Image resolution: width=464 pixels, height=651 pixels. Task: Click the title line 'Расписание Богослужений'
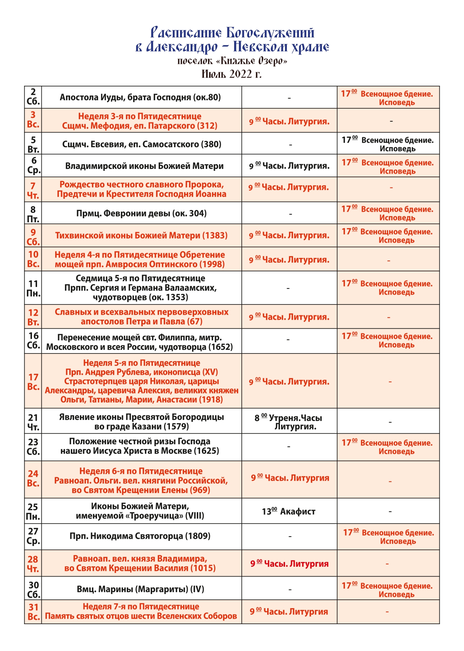[x=232, y=33]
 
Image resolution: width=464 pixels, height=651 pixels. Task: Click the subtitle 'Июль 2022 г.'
[x=232, y=74]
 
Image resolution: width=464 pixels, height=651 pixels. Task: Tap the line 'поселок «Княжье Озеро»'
[x=232, y=61]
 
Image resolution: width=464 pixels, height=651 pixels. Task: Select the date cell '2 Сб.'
[x=33, y=97]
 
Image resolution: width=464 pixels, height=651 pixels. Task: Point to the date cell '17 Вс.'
[x=33, y=381]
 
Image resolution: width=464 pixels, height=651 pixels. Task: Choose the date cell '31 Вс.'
[x=33, y=612]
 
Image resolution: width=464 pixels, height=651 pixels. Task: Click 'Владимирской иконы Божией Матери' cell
[x=144, y=166]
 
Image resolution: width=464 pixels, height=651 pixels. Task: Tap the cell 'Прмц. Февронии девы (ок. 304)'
[x=141, y=213]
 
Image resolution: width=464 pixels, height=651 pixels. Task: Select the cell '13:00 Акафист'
[x=289, y=511]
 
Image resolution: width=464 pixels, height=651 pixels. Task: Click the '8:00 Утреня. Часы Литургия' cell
[x=289, y=422]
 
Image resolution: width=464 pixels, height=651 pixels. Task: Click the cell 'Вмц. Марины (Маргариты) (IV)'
[x=141, y=589]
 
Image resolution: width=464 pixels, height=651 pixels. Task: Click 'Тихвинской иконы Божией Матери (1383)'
[x=141, y=235]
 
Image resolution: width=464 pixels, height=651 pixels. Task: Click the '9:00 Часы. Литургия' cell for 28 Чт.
[x=289, y=563]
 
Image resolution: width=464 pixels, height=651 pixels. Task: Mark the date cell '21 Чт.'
[x=33, y=422]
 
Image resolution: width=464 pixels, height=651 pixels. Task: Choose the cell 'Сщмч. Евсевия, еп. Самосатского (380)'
[x=142, y=144]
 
